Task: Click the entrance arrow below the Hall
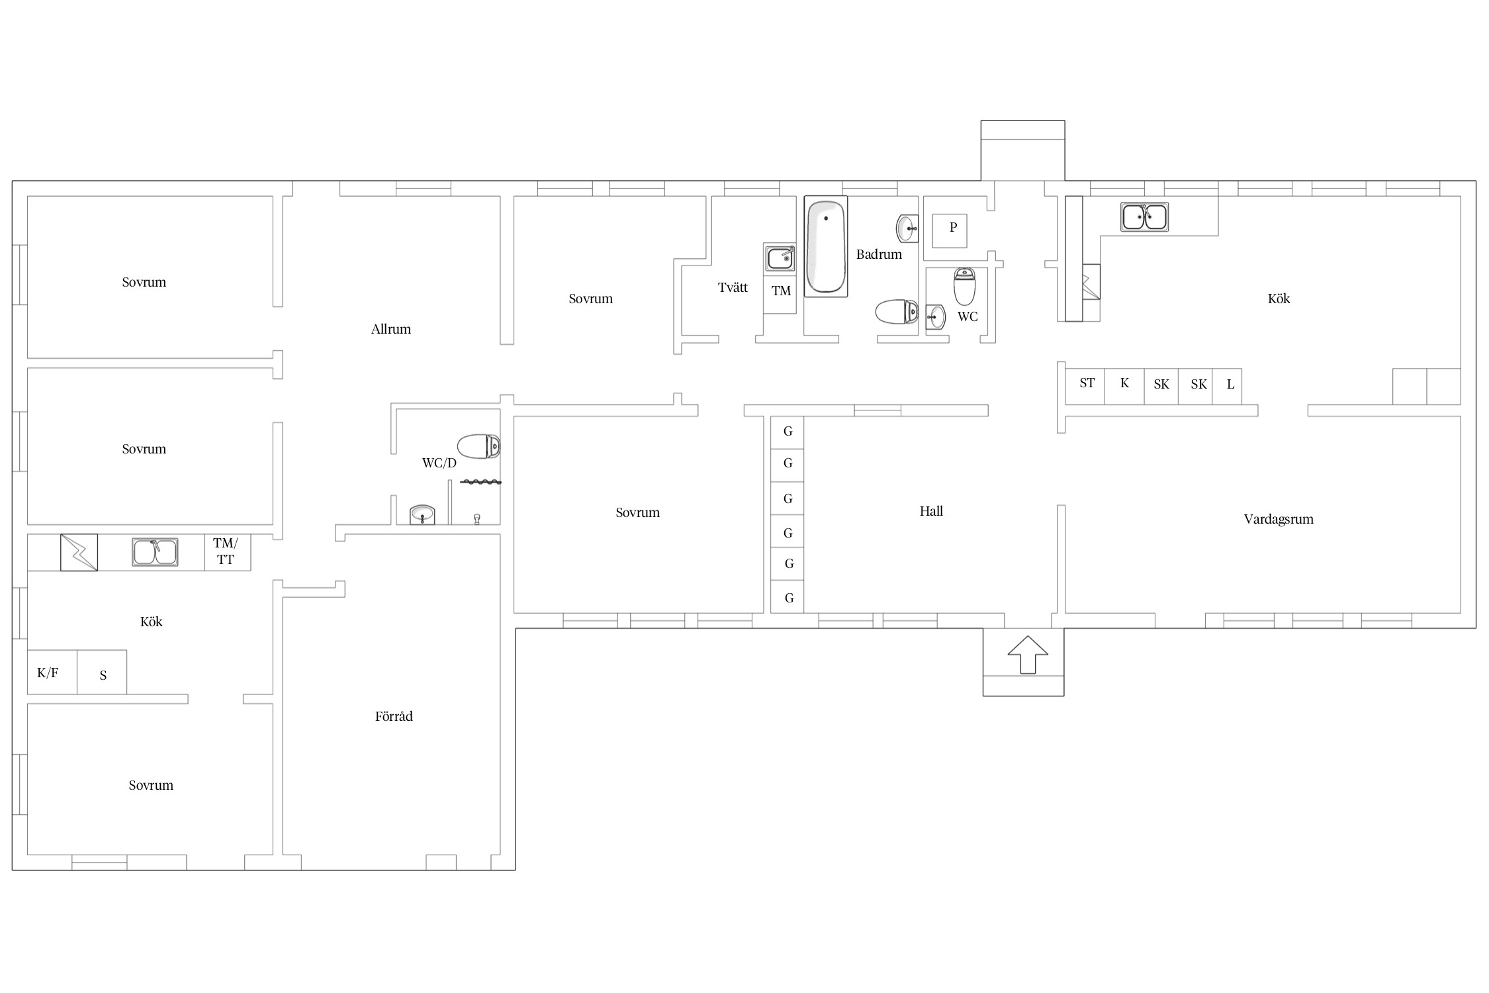(x=1028, y=655)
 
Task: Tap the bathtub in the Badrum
(x=826, y=246)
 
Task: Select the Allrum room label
(x=390, y=329)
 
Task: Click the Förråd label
(x=394, y=716)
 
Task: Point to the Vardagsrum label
(x=1279, y=519)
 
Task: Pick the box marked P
(x=950, y=230)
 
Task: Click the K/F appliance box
(x=52, y=672)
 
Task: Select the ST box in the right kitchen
(x=1085, y=386)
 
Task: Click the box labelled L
(x=1228, y=386)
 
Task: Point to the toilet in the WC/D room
(x=478, y=447)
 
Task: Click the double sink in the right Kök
(x=1144, y=216)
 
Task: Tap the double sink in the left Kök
(x=155, y=552)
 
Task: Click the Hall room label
(x=931, y=511)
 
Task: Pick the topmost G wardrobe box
(x=788, y=432)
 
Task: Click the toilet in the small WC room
(x=964, y=286)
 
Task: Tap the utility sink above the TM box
(x=780, y=258)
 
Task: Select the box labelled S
(x=102, y=672)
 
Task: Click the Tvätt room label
(x=733, y=287)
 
